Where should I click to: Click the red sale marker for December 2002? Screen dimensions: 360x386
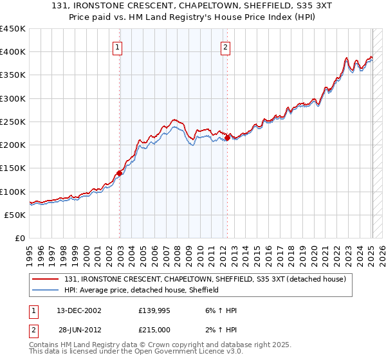coord(120,173)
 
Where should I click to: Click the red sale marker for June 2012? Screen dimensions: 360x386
coord(228,138)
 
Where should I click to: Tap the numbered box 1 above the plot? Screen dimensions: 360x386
coord(119,46)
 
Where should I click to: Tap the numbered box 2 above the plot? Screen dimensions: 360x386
coord(226,46)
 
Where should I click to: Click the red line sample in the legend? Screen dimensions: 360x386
coord(46,279)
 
